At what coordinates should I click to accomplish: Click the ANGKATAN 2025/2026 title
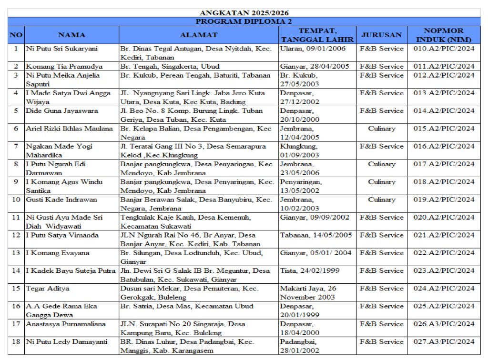coord(244,13)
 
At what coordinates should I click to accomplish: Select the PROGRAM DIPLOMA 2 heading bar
coord(244,21)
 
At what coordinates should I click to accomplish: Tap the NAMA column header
coord(71,35)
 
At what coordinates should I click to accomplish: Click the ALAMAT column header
coord(199,35)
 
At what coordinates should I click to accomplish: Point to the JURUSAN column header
coord(381,35)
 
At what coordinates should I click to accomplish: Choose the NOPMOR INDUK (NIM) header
coord(444,35)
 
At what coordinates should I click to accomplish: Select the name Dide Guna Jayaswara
coord(62,111)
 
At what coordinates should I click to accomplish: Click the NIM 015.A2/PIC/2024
coord(444,129)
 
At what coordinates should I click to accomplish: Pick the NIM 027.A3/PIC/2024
coord(444,341)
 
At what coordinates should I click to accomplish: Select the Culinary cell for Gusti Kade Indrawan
coord(381,200)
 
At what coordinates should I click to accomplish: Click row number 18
coord(16,341)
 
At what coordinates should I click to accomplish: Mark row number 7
coord(16,146)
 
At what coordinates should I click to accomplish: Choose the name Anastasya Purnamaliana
coord(66,324)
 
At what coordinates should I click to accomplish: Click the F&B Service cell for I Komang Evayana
coord(381,253)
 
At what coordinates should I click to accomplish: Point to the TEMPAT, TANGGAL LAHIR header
coord(316,35)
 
